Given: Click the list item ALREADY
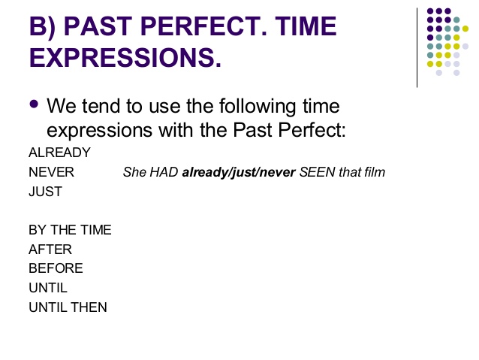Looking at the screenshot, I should [x=59, y=153].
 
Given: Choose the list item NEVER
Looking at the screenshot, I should [x=51, y=172].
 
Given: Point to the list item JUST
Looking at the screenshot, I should [x=45, y=192].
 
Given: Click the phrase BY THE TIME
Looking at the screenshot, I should [x=70, y=230].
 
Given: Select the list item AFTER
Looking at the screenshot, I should [x=50, y=250].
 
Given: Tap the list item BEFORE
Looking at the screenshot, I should [x=56, y=268].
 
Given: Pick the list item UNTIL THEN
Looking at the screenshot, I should [x=68, y=307].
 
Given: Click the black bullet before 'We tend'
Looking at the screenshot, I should [x=34, y=104].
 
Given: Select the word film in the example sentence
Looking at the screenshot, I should [x=373, y=173].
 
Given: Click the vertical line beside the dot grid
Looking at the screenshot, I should [x=417, y=45].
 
